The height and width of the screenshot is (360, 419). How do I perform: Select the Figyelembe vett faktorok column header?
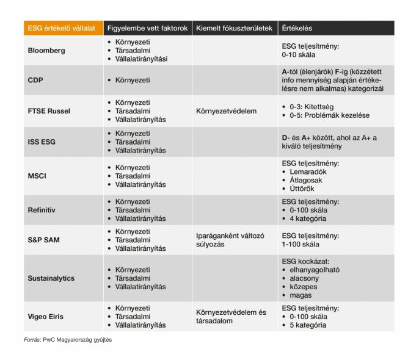tap(147, 28)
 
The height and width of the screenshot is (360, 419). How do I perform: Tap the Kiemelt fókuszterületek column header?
tap(233, 28)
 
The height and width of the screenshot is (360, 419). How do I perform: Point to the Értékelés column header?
tap(297, 28)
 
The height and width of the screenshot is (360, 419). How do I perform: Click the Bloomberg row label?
tap(46, 51)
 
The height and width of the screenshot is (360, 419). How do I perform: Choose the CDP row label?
tap(35, 80)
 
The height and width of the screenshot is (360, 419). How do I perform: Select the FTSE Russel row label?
tap(49, 111)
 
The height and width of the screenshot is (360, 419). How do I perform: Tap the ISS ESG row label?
tap(43, 142)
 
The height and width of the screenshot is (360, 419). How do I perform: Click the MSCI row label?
tap(38, 176)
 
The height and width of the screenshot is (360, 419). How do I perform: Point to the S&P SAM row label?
tap(45, 240)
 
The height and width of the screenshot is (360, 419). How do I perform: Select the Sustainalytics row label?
tap(51, 278)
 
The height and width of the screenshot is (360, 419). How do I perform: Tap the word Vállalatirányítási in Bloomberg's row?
tap(141, 59)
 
